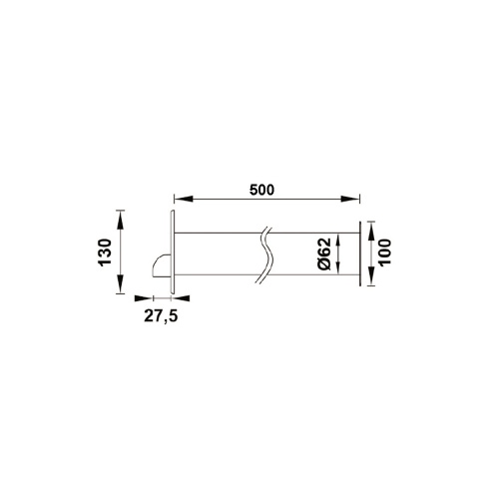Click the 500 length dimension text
262,189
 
